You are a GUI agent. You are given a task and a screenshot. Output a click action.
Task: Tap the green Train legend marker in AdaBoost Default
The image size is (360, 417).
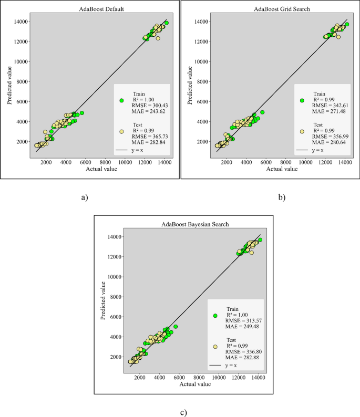121,100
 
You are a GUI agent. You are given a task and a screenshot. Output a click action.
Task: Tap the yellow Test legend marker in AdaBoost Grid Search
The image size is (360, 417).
302,132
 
